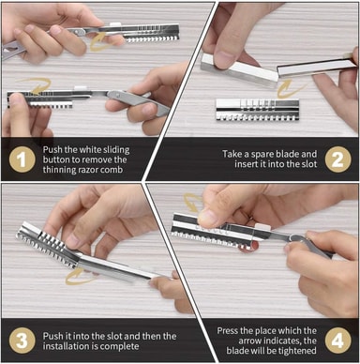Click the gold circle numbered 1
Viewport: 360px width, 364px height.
(22, 159)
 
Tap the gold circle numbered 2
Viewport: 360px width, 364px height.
(337, 159)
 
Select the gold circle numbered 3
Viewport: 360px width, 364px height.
(22, 341)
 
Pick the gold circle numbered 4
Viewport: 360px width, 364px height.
(337, 341)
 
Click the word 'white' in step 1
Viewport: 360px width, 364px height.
(89, 149)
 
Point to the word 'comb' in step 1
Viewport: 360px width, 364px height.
(113, 170)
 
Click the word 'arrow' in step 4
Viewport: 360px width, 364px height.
(250, 341)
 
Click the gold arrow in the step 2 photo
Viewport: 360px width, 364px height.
(288, 88)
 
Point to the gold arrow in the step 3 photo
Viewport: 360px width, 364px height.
(81, 276)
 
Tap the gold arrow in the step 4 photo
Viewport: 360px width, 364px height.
(193, 202)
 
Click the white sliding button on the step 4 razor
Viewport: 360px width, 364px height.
(261, 228)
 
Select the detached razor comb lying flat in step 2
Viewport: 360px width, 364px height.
(258, 110)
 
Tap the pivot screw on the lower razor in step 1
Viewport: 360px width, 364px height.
(117, 95)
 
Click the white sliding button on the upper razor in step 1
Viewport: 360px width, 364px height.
(114, 24)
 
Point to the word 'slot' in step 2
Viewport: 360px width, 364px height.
(310, 164)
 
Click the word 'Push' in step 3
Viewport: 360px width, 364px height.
(52, 336)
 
